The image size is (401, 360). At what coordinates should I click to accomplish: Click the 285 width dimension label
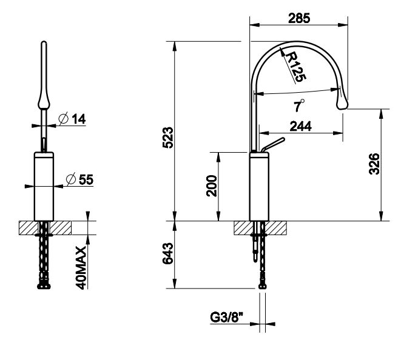coord(299,18)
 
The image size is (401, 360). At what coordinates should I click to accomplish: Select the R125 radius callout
coord(295,67)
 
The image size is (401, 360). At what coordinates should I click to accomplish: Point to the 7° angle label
coord(299,105)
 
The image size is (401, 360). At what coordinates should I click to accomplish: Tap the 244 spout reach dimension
coord(300,126)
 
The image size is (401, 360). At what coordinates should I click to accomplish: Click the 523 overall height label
coord(168,138)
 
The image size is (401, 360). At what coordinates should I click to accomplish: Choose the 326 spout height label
coord(374,164)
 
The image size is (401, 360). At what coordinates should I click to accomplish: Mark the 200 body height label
coord(212,185)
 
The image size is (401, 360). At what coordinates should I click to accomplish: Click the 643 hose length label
coord(168,253)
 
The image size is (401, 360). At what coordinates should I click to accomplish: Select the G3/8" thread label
coord(226,318)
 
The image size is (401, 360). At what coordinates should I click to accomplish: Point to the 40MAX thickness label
coord(81,268)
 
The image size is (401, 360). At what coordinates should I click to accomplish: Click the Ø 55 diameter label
coord(79,179)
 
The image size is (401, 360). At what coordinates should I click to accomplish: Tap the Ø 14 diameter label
coord(72,119)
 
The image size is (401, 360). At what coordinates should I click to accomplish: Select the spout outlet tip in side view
coord(342,104)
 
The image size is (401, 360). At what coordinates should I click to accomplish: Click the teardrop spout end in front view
coord(44,101)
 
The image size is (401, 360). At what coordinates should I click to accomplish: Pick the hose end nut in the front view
coord(44,285)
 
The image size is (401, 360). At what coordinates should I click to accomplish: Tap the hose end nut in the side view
coord(263,285)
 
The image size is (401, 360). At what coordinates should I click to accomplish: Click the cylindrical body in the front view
coord(44,186)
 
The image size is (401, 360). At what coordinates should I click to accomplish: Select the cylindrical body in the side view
coord(259,186)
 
